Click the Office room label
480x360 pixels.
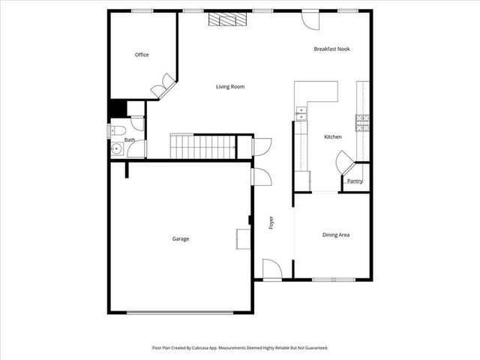142,55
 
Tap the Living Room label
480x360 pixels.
230,87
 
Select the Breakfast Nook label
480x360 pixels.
331,49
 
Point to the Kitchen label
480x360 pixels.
333,136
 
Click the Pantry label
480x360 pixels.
355,181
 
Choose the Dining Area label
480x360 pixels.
336,235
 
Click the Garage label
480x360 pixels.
181,238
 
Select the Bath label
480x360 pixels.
130,139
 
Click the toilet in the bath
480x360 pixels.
116,130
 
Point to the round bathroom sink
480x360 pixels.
115,149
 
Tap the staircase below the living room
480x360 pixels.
202,146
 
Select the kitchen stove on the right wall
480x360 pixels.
363,122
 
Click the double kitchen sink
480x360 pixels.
301,113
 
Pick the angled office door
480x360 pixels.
161,88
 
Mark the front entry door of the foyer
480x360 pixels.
271,268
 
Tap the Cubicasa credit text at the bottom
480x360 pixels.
240,348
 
